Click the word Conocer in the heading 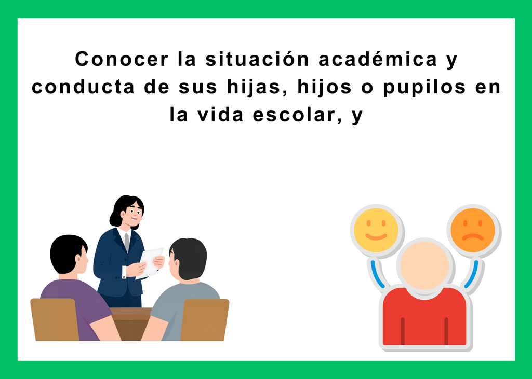point(122,59)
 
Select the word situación point(257,59)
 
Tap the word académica point(378,59)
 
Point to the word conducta point(84,87)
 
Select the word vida point(220,115)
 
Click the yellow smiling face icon point(376,230)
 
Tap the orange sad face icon point(473,230)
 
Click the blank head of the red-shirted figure point(424,265)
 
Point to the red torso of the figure point(424,317)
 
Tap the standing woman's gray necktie point(127,242)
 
